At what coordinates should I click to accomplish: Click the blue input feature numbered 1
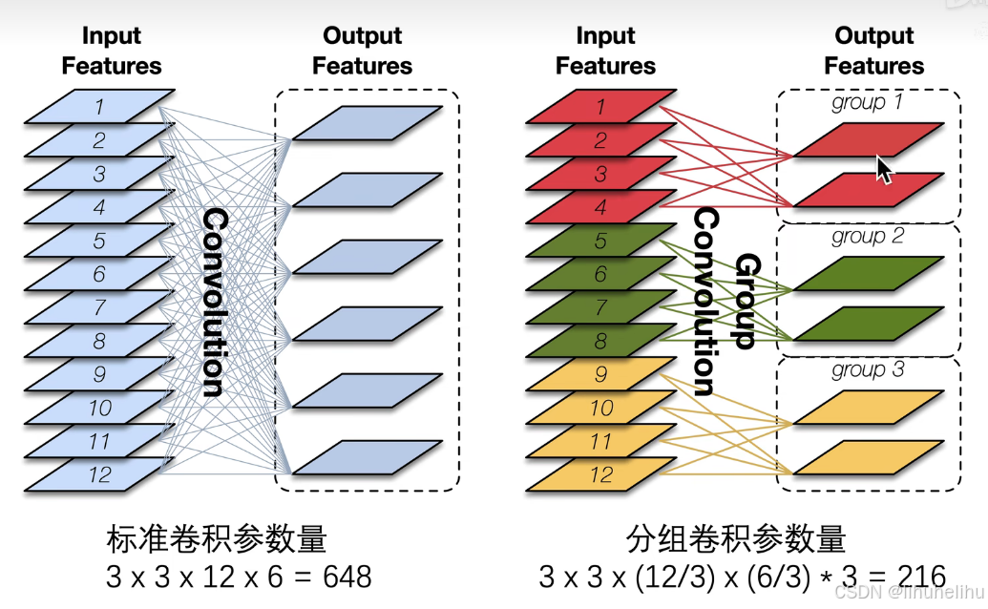99,106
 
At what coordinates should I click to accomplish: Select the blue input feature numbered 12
99,474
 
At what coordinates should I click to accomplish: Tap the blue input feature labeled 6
99,274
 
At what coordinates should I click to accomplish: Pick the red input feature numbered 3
600,174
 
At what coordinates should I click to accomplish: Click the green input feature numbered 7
600,307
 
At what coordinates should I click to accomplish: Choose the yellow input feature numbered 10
600,408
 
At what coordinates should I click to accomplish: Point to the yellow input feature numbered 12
600,474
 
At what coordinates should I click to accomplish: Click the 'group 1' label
867,102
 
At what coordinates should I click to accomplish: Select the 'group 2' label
867,236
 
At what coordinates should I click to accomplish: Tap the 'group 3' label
867,369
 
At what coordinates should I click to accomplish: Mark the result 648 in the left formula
347,577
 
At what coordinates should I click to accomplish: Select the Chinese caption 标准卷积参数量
217,540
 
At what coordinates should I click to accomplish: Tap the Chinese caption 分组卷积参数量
736,540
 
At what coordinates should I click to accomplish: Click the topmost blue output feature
367,123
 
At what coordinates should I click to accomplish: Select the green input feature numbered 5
600,241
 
